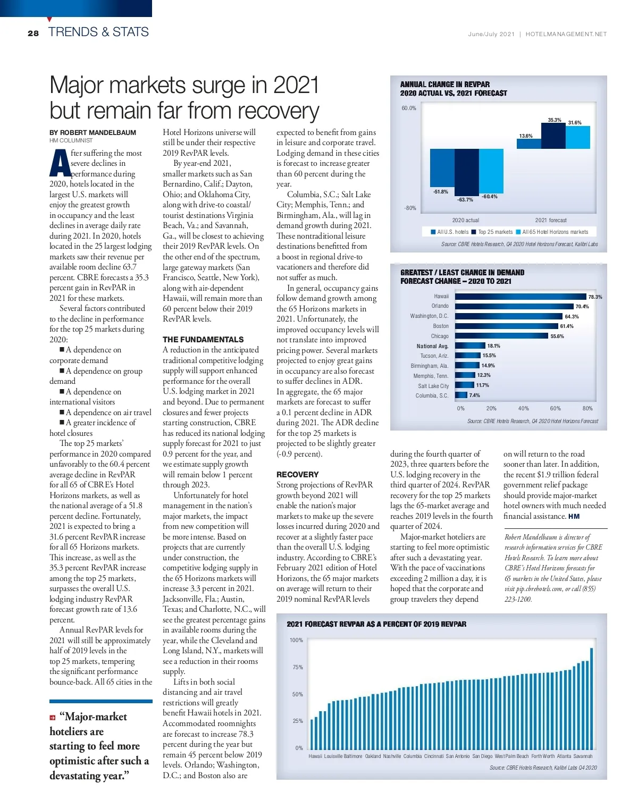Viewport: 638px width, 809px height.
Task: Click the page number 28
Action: point(33,33)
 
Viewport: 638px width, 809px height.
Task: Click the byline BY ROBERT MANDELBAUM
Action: point(93,132)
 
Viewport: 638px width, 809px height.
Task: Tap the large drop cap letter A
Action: point(60,163)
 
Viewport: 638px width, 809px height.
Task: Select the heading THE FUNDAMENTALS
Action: point(203,339)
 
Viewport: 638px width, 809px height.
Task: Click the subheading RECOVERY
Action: point(297,474)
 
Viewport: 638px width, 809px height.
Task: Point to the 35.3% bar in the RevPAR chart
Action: point(553,136)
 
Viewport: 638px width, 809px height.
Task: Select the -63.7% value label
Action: point(465,200)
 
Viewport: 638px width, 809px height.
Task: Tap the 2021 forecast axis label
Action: point(551,220)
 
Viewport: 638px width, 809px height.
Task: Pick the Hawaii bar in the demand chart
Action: point(520,297)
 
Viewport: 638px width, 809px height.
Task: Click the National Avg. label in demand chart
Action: point(433,346)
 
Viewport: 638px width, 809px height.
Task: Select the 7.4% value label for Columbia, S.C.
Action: point(474,395)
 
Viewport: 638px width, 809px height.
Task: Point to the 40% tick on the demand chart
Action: point(523,408)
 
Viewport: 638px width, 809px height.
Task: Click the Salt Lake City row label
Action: point(433,386)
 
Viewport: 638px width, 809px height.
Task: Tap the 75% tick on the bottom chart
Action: point(298,667)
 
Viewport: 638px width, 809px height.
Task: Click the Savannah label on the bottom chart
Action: point(583,756)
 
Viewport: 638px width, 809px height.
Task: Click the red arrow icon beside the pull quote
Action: point(53,718)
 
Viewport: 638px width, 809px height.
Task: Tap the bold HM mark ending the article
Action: point(574,516)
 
